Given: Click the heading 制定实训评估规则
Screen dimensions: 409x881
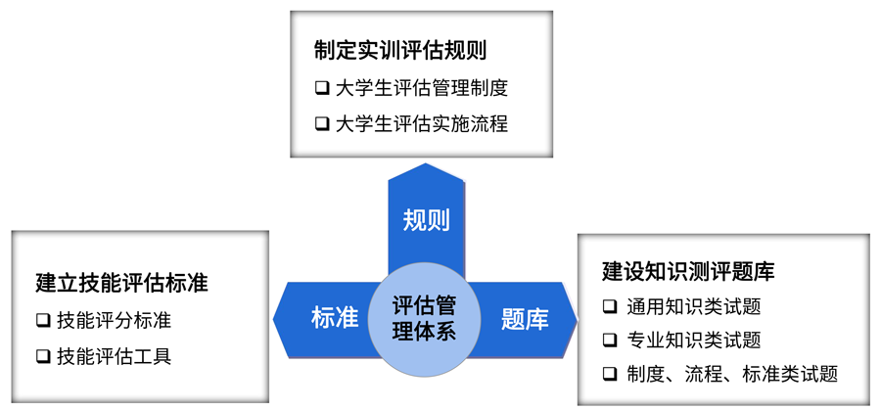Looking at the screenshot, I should (x=400, y=51).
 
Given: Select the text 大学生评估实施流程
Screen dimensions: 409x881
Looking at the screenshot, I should (x=422, y=124).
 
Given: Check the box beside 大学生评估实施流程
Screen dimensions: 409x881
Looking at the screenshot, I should (x=322, y=124).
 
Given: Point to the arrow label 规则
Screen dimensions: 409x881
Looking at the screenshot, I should (x=426, y=220).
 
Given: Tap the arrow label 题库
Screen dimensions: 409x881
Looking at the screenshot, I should (x=525, y=318).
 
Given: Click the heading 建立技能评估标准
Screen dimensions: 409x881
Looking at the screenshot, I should (x=122, y=284).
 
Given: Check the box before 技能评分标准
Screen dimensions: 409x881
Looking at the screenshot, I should (x=42, y=320).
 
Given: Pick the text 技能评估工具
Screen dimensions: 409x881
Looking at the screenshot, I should (x=115, y=356).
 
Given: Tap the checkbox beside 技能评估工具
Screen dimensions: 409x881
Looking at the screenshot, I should (x=42, y=356).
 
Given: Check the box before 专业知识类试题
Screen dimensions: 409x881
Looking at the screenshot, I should (x=610, y=341).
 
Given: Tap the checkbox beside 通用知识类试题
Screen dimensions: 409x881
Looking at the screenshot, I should (x=610, y=306).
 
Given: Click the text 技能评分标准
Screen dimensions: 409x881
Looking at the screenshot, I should (x=115, y=320).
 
